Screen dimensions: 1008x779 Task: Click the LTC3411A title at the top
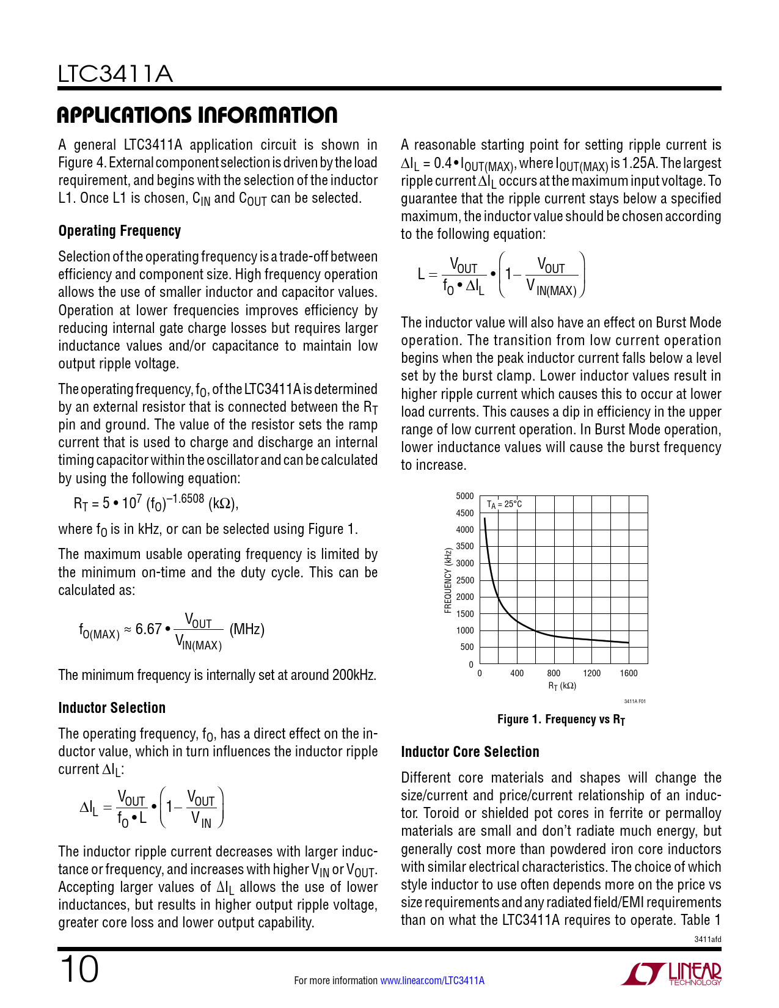coord(115,75)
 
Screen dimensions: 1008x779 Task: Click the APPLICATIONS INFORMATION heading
coord(197,115)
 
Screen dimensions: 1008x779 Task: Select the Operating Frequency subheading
coord(120,231)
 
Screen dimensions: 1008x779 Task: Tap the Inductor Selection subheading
coord(112,708)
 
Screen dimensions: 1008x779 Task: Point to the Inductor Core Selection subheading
coord(470,752)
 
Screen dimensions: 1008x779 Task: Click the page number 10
coord(79,970)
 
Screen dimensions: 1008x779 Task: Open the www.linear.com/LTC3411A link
coord(432,981)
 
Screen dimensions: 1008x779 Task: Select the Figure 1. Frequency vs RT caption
coord(561,720)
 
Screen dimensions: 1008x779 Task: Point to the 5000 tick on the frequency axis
coord(465,496)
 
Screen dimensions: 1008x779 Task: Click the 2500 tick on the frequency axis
coord(465,580)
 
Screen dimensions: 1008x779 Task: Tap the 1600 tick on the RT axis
coord(628,673)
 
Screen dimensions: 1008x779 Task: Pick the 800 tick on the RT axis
coord(554,673)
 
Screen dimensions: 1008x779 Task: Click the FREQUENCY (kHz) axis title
coord(448,580)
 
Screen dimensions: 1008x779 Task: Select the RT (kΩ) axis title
coord(562,686)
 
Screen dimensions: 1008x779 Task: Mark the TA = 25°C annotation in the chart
coord(504,505)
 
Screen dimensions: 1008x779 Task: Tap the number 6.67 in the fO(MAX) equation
coord(148,629)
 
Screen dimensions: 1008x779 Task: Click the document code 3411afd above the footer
coord(708,939)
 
